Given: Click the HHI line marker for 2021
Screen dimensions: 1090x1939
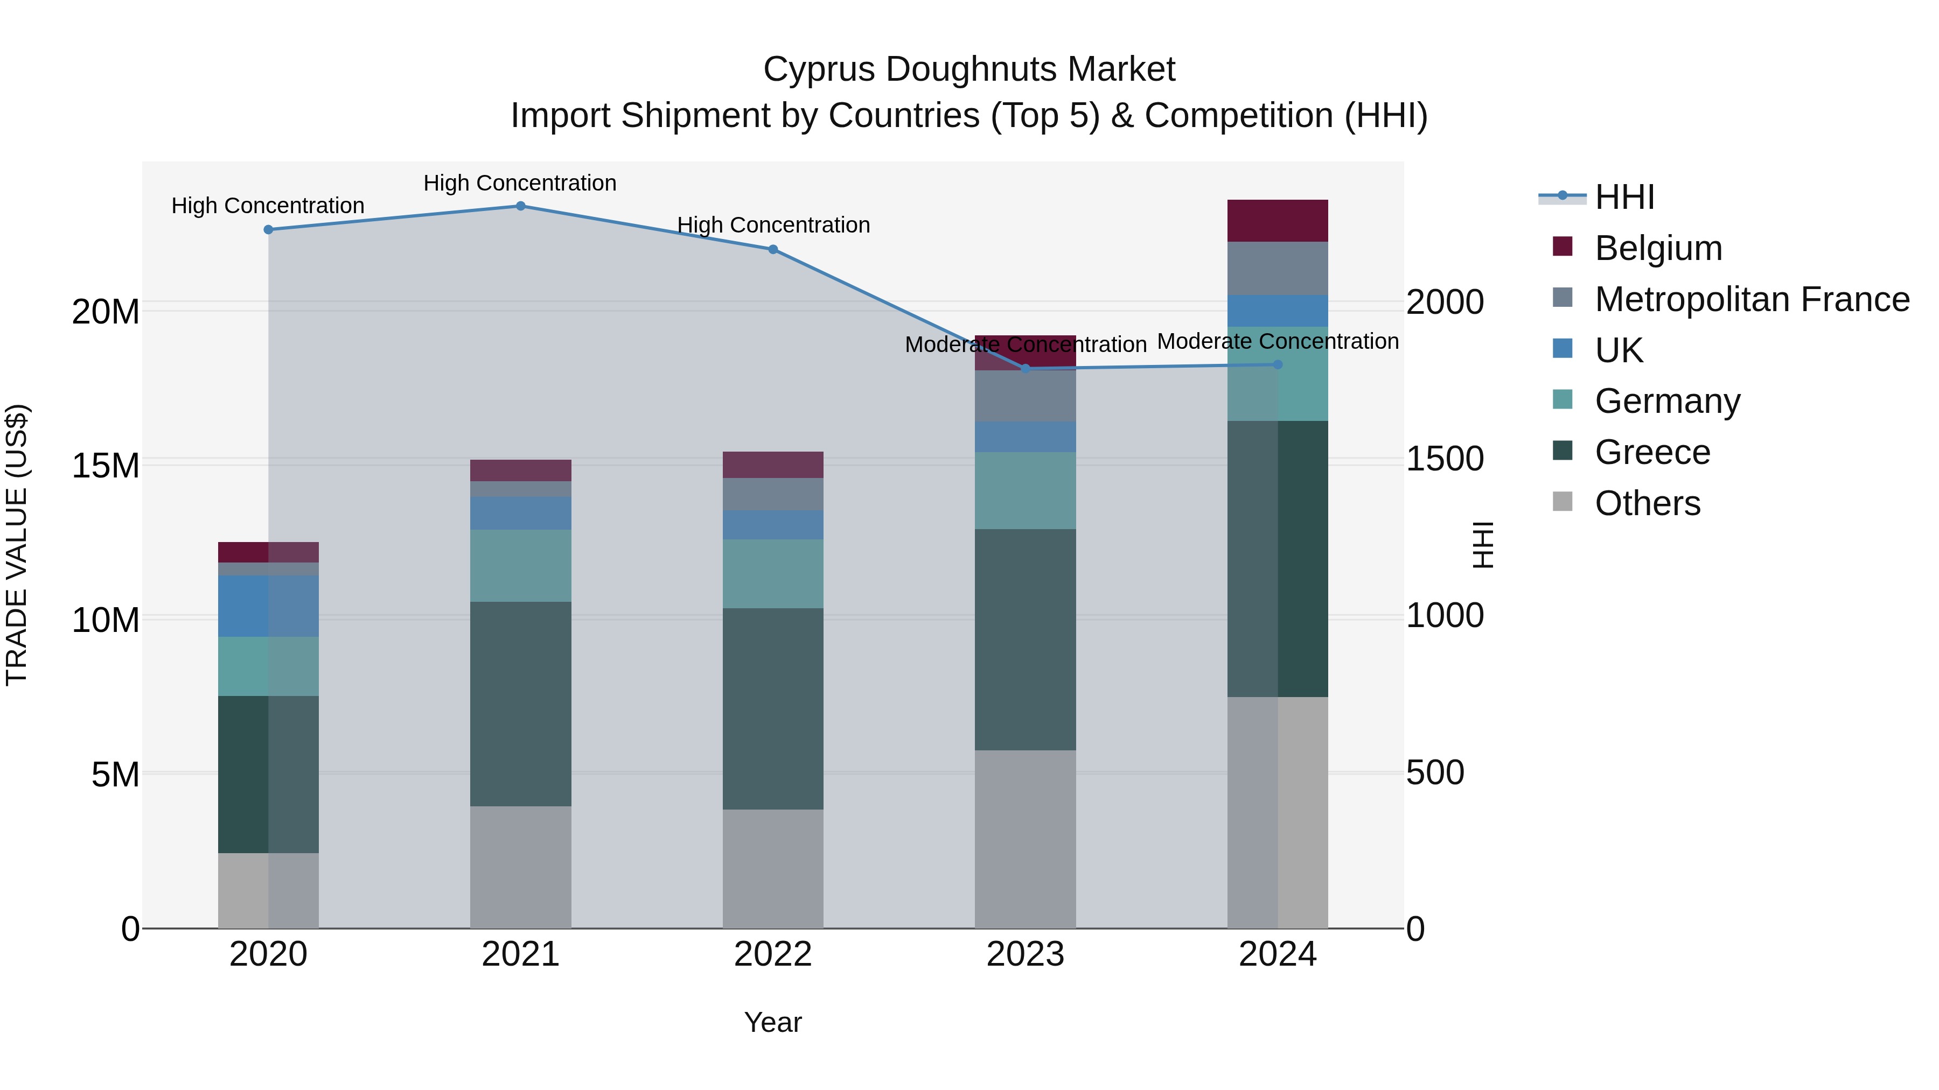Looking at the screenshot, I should point(520,206).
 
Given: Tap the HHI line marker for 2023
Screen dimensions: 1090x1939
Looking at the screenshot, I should point(1025,369).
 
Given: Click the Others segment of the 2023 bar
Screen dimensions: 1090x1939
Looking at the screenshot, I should point(1025,839).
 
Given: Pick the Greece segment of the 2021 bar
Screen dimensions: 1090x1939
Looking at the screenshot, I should point(520,704).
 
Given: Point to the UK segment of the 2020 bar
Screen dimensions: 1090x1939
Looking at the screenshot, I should point(268,606).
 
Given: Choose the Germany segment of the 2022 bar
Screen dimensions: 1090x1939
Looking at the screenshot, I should point(772,573).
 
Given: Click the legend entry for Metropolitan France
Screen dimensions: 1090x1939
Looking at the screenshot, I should point(1752,299).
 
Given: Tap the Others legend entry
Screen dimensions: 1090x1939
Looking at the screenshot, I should point(1647,503).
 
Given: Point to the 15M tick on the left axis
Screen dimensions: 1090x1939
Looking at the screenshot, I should point(106,466).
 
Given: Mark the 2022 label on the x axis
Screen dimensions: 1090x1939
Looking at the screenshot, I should point(772,954).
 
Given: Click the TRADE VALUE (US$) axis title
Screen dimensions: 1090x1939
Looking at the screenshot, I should point(17,545).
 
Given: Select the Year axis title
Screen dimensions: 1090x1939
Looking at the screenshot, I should point(772,1022).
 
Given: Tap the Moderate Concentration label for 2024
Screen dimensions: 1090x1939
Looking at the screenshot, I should point(1278,341).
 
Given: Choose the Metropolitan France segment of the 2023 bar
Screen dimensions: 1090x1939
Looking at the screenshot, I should point(1025,396).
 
